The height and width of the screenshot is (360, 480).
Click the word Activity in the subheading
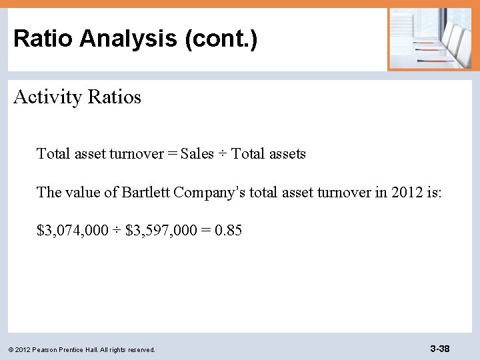(43, 97)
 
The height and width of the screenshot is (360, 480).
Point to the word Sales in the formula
(197, 154)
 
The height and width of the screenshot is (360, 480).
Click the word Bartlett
(146, 193)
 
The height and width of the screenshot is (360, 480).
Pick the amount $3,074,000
(71, 231)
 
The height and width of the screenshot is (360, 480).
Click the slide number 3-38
(439, 349)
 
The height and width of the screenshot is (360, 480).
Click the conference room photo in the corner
(429, 38)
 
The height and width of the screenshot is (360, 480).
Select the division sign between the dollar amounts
(117, 231)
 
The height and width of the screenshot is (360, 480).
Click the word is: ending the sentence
(433, 193)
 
